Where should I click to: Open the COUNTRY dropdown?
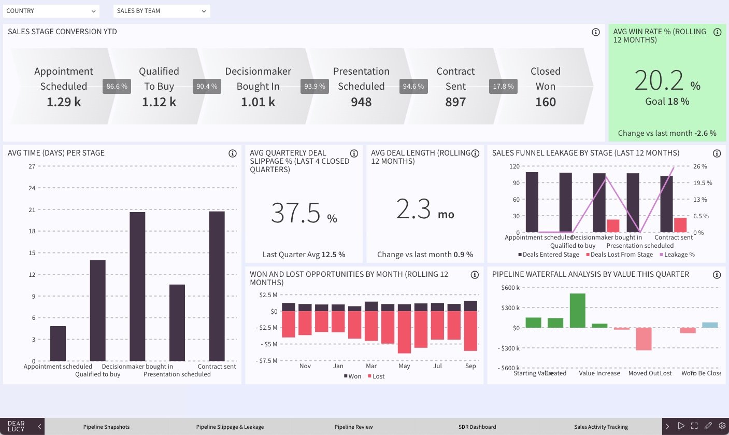(x=51, y=11)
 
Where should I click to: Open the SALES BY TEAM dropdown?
(x=161, y=11)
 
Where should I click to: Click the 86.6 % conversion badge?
(x=117, y=87)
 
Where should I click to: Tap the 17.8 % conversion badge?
(x=503, y=87)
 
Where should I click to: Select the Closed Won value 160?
(x=545, y=102)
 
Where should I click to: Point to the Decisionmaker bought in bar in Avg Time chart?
(x=137, y=286)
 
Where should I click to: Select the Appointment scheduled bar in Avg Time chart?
(x=58, y=343)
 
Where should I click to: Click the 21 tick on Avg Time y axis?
(x=32, y=210)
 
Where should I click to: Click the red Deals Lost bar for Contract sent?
(x=680, y=225)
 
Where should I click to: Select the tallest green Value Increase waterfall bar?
(x=577, y=311)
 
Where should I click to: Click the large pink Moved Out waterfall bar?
(x=644, y=339)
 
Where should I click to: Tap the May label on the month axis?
(x=404, y=366)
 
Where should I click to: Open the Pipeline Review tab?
(x=353, y=427)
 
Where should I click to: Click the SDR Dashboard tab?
(x=477, y=427)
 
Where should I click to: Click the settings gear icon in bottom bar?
(x=722, y=426)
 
